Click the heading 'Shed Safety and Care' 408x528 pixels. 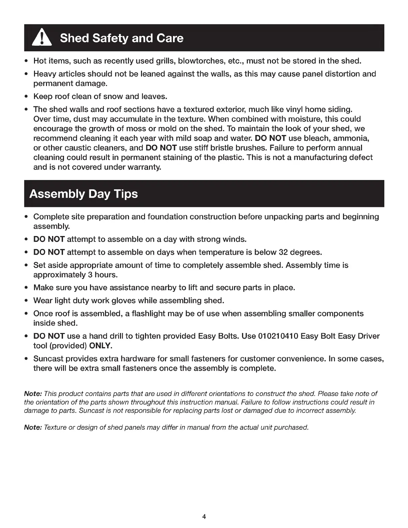point(121,38)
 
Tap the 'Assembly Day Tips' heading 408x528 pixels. point(83,194)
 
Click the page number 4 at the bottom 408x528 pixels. point(204,517)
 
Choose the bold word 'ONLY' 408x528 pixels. point(100,346)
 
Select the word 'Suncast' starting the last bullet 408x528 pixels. point(48,359)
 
